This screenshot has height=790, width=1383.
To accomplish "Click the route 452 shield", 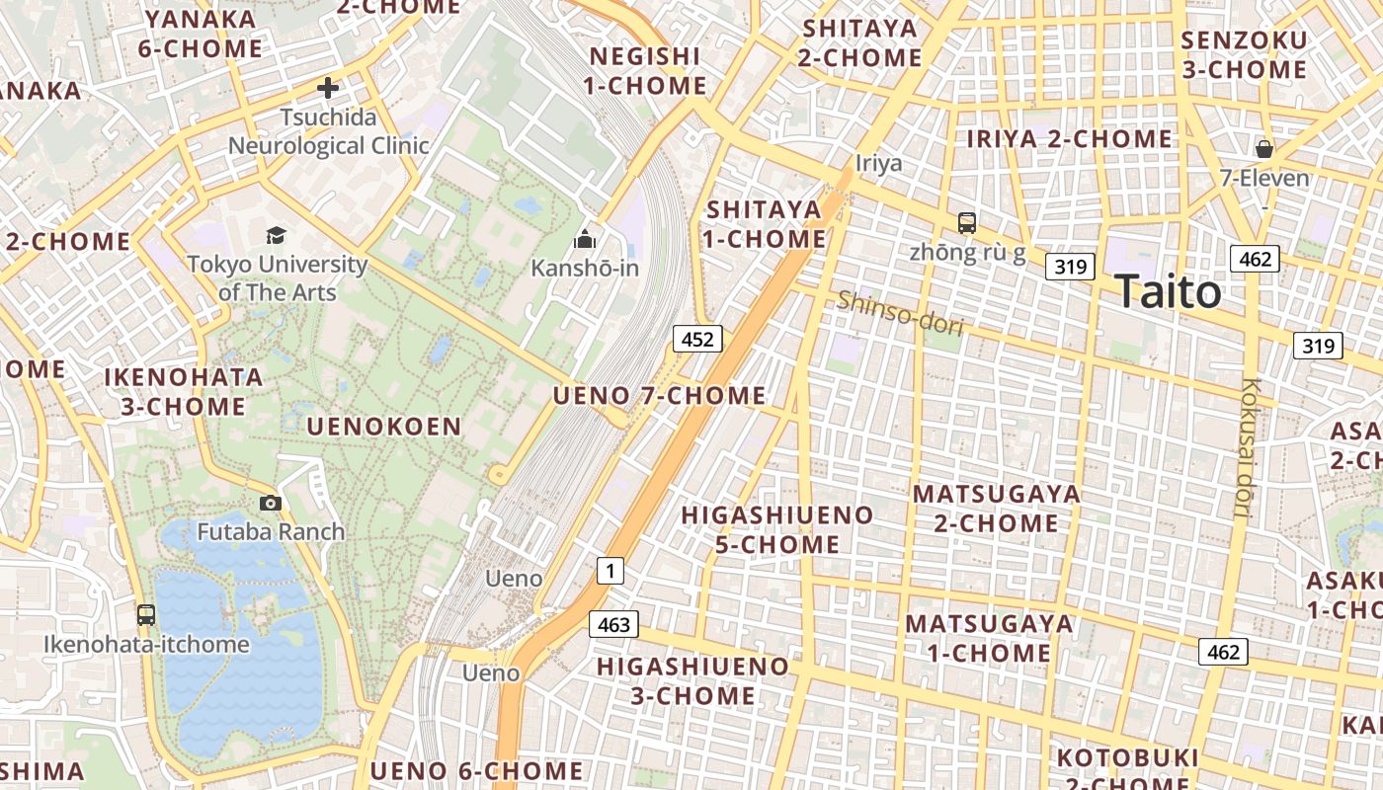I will point(697,340).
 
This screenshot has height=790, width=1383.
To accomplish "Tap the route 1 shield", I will point(610,570).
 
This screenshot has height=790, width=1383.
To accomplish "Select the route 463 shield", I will point(613,624).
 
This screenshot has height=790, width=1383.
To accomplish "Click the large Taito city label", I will point(1168,292).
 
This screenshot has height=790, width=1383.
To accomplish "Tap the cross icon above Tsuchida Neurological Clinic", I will point(328,88).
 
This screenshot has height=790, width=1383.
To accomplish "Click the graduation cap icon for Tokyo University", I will point(276,235).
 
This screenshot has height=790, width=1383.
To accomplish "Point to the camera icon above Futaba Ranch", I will point(270,503).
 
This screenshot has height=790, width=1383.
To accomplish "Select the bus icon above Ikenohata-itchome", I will point(146,614).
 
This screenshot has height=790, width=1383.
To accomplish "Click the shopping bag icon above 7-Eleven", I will point(1263,149).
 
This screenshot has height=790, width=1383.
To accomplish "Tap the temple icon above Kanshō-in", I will point(585,239).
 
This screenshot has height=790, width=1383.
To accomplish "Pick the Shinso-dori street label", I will point(899,313).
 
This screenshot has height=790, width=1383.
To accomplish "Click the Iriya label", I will point(878,163).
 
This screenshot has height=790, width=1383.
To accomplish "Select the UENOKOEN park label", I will point(383,427).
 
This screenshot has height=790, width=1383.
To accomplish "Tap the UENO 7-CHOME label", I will point(659,396).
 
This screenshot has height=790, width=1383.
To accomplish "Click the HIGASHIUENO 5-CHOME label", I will point(776,529).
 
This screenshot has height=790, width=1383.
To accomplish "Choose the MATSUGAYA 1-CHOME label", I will point(989,638).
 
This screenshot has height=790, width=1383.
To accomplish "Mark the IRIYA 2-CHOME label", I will point(1069,139).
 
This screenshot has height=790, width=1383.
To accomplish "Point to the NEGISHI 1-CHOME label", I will point(645,71).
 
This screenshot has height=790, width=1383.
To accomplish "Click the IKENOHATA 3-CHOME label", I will point(184,391).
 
